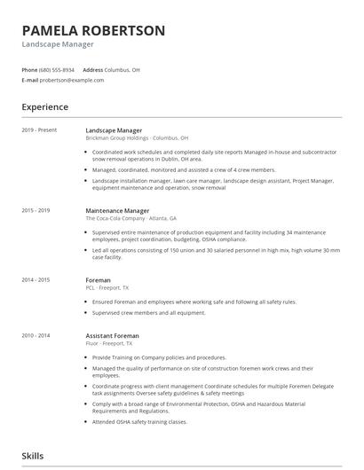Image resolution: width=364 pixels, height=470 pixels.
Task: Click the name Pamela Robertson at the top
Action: tap(93, 30)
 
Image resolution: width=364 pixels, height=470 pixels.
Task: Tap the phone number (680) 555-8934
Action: tap(58, 69)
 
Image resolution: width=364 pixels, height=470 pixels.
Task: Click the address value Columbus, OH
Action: tap(122, 69)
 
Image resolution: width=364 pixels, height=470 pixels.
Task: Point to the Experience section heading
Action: tap(45, 107)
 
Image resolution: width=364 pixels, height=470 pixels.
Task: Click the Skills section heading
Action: tap(33, 456)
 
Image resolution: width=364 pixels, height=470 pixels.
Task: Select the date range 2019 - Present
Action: tap(39, 130)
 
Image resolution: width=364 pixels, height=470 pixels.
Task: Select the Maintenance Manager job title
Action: tap(117, 211)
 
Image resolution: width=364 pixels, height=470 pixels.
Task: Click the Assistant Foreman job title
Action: tap(113, 336)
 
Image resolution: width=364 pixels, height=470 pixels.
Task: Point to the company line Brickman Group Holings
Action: tap(137, 138)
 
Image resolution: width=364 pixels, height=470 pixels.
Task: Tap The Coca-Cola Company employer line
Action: tap(131, 218)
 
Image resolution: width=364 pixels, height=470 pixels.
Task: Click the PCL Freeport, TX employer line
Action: tap(107, 288)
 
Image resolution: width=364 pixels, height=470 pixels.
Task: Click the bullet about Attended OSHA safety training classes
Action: tap(139, 421)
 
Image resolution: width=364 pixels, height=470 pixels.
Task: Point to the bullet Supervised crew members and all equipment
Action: tap(148, 312)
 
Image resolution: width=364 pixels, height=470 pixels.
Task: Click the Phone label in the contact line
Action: tap(29, 69)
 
